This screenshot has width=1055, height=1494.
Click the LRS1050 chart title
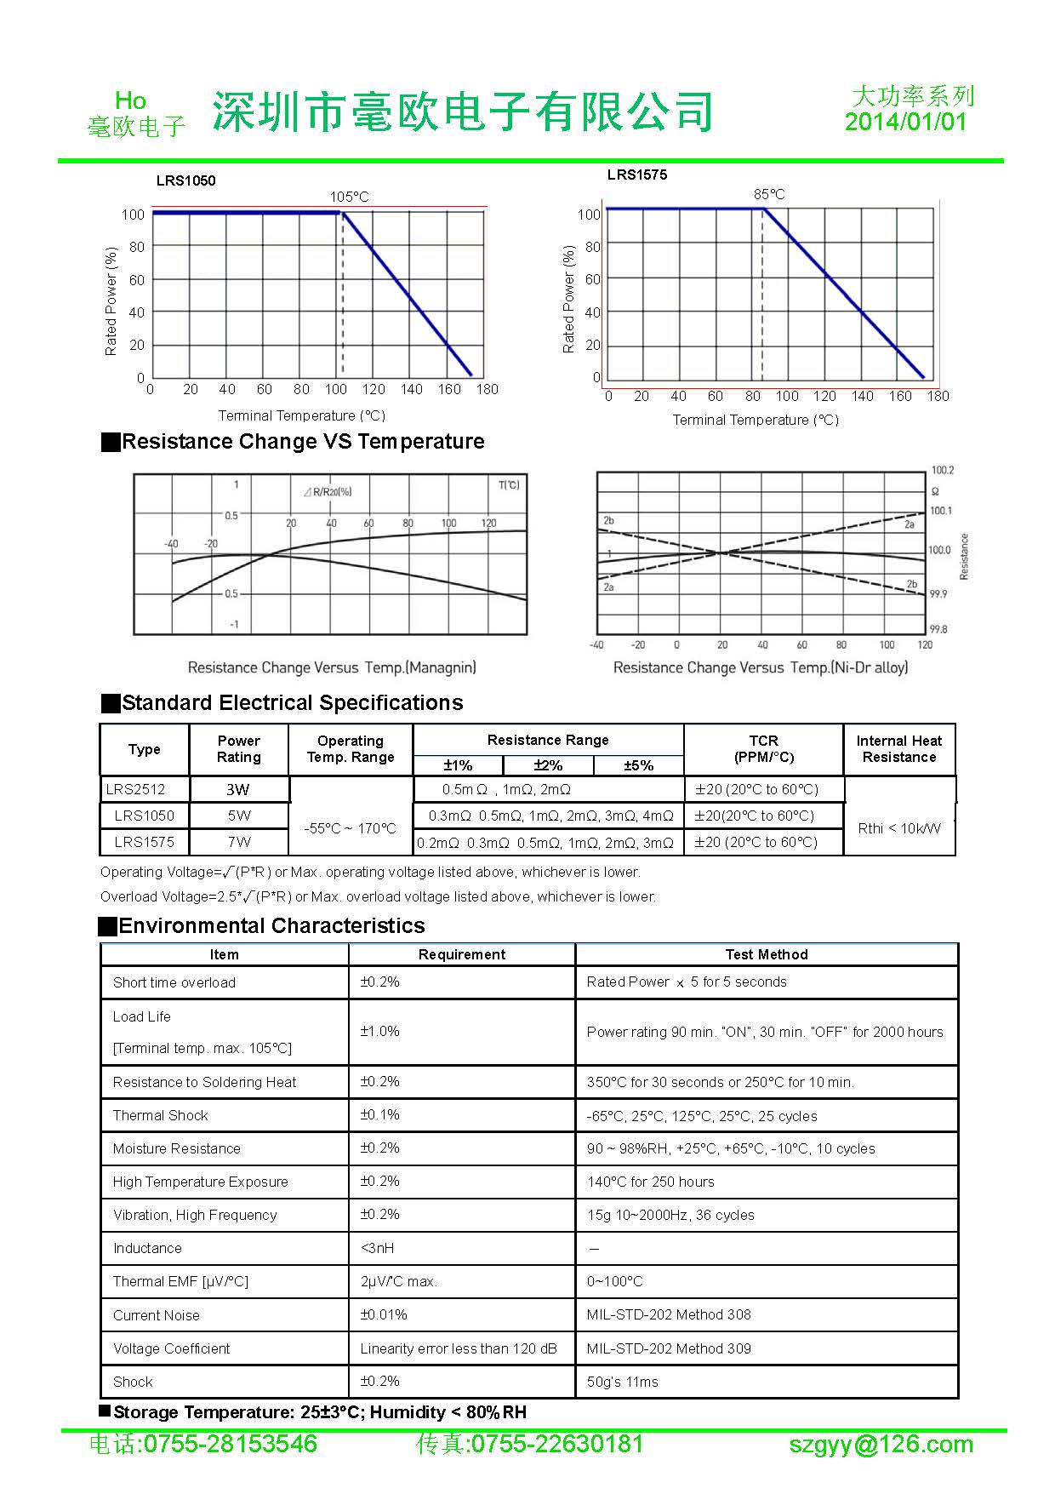point(185,180)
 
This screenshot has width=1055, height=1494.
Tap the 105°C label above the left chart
point(350,197)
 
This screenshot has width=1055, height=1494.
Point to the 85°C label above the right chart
point(769,194)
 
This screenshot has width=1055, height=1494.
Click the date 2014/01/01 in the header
point(905,122)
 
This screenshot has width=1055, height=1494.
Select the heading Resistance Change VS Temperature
point(302,442)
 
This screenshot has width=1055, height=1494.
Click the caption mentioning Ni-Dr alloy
point(760,667)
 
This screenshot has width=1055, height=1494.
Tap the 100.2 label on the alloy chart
point(942,470)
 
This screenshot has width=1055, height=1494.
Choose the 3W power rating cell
point(238,789)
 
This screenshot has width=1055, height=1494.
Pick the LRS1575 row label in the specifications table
point(144,842)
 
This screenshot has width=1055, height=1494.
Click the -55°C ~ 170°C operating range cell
point(351,828)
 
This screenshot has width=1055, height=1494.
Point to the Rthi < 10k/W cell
point(899,828)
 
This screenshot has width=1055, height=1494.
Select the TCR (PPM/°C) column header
point(763,749)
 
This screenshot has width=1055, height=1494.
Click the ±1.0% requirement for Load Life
point(379,1032)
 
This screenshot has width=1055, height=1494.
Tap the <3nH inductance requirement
point(377,1248)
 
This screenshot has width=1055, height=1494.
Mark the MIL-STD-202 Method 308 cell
point(669,1314)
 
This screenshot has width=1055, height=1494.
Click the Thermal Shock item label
point(160,1115)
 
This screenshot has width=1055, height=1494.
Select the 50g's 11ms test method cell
point(622,1382)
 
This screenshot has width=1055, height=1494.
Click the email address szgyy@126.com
point(881,1445)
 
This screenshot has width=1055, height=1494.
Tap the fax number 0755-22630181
point(556,1445)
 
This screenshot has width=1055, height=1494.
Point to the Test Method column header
point(767,954)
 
